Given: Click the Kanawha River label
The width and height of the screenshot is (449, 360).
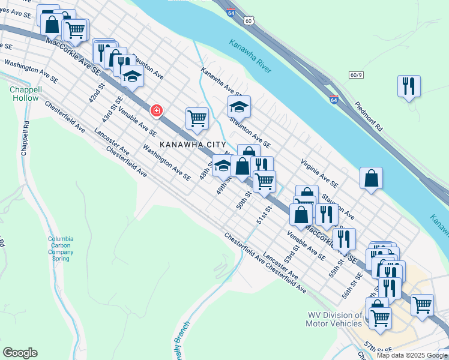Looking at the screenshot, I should [x=250, y=56].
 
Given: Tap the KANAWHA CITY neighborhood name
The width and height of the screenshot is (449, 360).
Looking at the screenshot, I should [x=192, y=145].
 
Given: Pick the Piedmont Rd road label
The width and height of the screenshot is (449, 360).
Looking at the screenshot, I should [x=367, y=115].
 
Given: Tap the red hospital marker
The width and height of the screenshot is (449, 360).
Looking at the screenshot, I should [x=156, y=110].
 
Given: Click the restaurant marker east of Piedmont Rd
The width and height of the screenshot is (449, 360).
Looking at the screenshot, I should [x=409, y=85].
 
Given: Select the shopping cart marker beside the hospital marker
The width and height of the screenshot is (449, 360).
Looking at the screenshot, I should [x=196, y=118].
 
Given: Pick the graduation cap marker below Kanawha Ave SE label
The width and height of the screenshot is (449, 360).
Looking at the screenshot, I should [x=239, y=106].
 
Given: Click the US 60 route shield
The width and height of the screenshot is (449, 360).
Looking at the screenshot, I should [x=248, y=20].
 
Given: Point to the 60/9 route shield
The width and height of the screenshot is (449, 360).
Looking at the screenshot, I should [x=355, y=75].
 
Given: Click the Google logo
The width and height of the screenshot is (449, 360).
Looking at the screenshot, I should [x=20, y=353].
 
